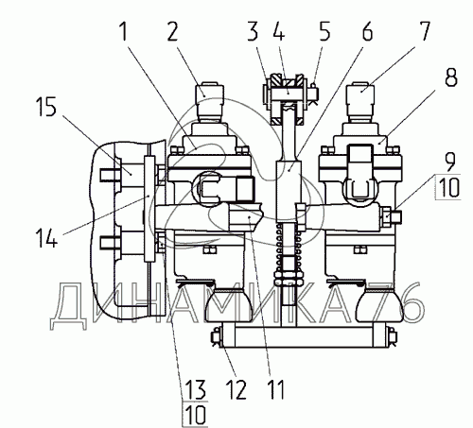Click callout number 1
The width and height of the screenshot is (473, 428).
(124, 32)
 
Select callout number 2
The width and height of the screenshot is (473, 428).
(172, 31)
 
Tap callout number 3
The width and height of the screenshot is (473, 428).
(253, 31)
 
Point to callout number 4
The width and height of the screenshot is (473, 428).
(278, 31)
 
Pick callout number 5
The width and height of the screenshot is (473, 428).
(324, 31)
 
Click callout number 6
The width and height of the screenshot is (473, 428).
(367, 31)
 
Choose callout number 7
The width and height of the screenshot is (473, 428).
(424, 31)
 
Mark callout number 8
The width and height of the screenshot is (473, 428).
(451, 77)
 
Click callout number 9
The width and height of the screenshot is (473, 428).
(450, 163)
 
